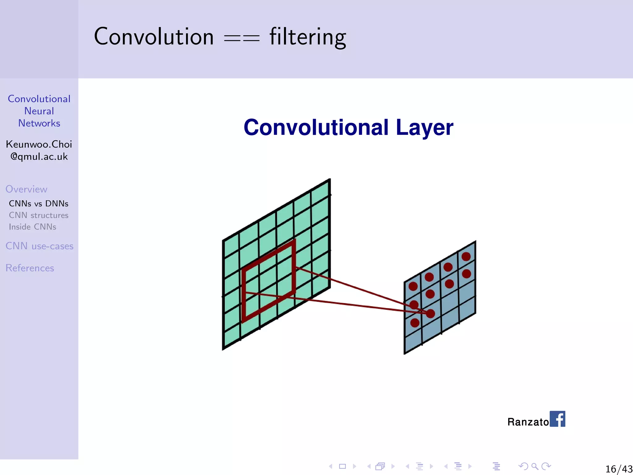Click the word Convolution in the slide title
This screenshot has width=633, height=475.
click(x=154, y=36)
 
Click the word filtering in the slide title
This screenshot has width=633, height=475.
click(x=308, y=37)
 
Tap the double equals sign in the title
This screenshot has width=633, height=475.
click(x=242, y=38)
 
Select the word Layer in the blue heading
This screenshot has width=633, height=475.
click(x=424, y=127)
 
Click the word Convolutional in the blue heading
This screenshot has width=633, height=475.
click(x=316, y=127)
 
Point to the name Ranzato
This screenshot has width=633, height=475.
click(x=528, y=422)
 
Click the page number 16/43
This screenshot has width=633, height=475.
click(x=619, y=469)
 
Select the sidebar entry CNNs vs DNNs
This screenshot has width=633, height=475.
click(x=39, y=203)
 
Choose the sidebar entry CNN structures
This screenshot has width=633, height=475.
click(x=39, y=215)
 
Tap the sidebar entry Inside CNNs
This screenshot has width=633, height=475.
click(x=32, y=227)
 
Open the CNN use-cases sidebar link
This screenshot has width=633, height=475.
click(x=40, y=246)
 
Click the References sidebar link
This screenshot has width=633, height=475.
click(x=30, y=268)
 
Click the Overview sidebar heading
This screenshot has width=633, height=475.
click(x=26, y=189)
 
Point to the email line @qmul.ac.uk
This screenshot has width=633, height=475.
click(x=39, y=156)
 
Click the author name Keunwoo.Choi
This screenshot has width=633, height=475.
click(x=39, y=144)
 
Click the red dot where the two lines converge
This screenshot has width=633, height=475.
click(x=431, y=314)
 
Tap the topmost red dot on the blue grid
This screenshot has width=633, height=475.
click(x=466, y=256)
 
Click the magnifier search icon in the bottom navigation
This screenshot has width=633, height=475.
click(x=535, y=466)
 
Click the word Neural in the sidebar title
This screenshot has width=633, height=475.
click(x=39, y=111)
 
